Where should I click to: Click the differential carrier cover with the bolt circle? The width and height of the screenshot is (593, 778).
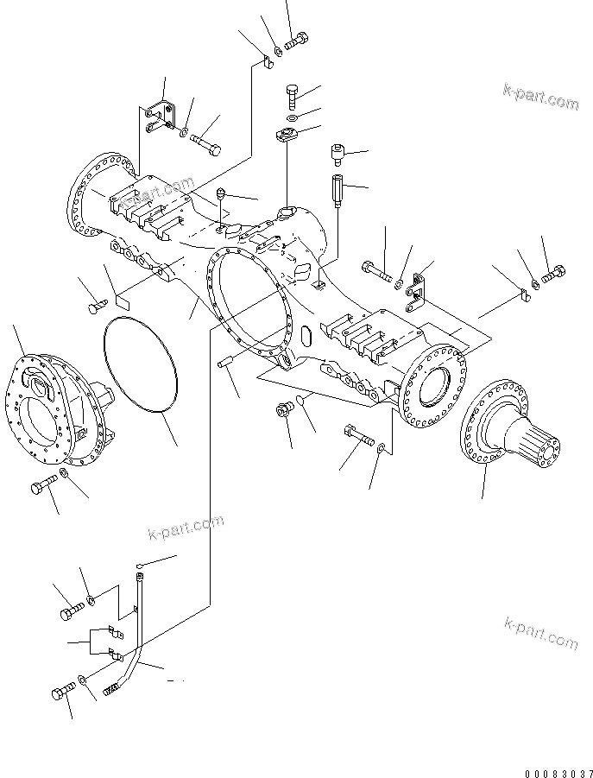(x=60, y=406)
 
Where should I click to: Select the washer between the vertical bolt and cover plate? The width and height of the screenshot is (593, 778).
(x=292, y=117)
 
